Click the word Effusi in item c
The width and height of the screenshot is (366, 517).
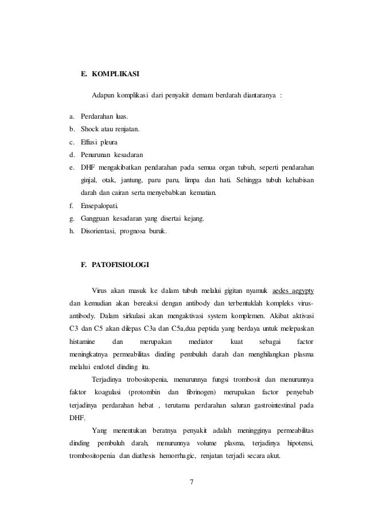[93, 142]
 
